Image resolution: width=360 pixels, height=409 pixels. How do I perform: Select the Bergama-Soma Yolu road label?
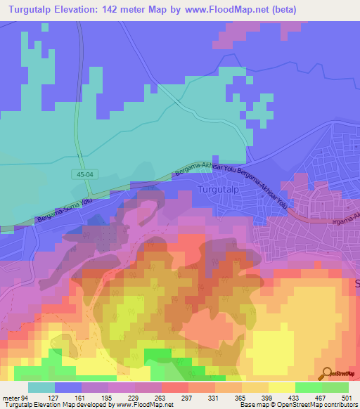[62, 212]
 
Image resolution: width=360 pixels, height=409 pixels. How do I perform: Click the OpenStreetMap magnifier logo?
[326, 373]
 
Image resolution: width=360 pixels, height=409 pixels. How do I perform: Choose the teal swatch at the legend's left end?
[41, 387]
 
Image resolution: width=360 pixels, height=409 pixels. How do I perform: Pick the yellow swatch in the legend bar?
[281, 387]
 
